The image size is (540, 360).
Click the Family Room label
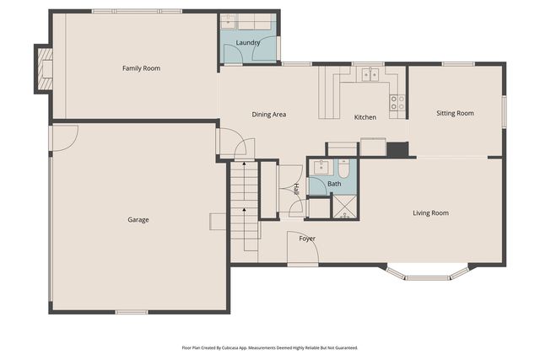pyautogui.click(x=141, y=68)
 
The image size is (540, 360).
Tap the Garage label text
pyautogui.click(x=138, y=220)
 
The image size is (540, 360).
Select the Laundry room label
pyautogui.click(x=248, y=42)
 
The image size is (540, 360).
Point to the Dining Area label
pyautogui.click(x=269, y=114)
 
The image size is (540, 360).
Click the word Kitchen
pyautogui.click(x=364, y=117)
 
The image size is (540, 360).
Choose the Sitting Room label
pyautogui.click(x=455, y=113)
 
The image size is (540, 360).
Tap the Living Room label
pyautogui.click(x=430, y=213)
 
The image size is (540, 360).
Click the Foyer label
pyautogui.click(x=307, y=239)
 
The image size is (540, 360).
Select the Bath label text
pyautogui.click(x=334, y=184)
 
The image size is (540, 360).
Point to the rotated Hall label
pyautogui.click(x=296, y=190)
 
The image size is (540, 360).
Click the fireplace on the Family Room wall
pyautogui.click(x=43, y=68)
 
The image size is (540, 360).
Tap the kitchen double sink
pyautogui.click(x=370, y=75)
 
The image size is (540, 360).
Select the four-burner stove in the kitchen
pyautogui.click(x=397, y=103)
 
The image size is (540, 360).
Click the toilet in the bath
pyautogui.click(x=343, y=166)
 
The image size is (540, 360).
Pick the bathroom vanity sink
pyautogui.click(x=321, y=166)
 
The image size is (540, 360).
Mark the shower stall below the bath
pyautogui.click(x=343, y=207)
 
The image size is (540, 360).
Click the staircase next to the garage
pyautogui.click(x=245, y=207)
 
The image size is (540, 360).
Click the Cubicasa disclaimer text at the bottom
pyautogui.click(x=270, y=347)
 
